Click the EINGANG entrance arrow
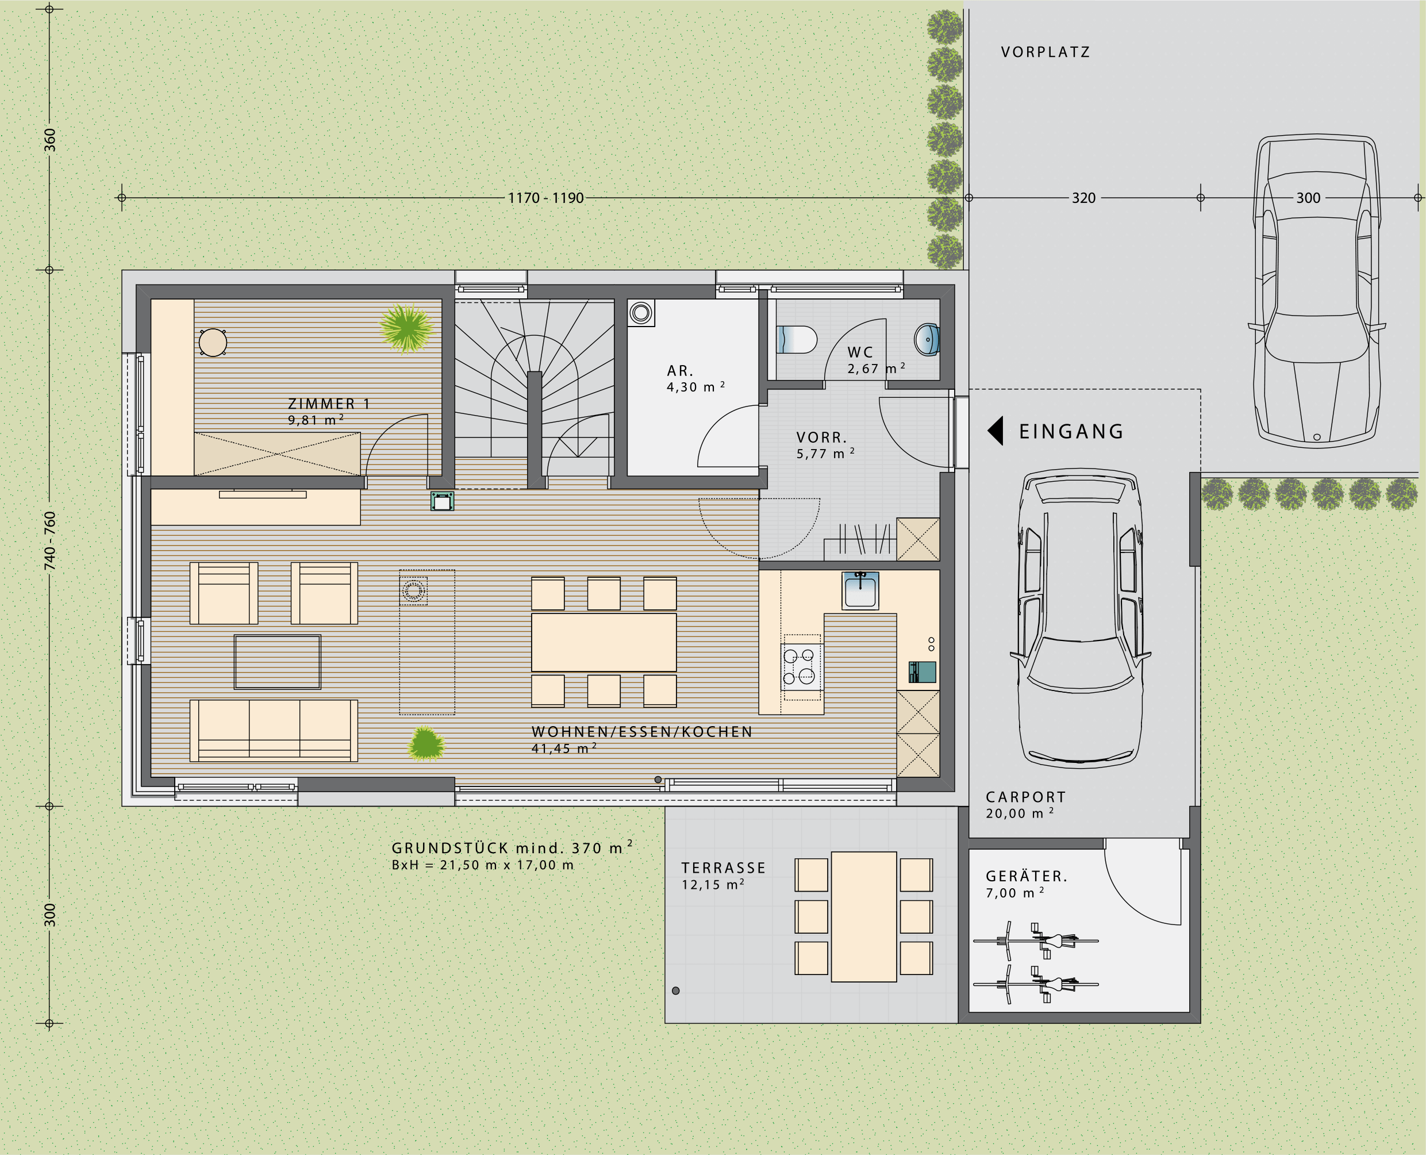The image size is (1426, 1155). pyautogui.click(x=995, y=431)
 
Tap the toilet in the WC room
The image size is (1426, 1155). pyautogui.click(x=797, y=339)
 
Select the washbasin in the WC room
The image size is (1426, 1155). pyautogui.click(x=927, y=339)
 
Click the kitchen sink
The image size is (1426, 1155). pyautogui.click(x=860, y=590)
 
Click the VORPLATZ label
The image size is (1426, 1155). pyautogui.click(x=1046, y=52)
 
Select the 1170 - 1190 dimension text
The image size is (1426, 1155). pyautogui.click(x=545, y=198)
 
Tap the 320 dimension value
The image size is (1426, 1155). pyautogui.click(x=1083, y=198)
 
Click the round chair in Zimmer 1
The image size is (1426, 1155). pyautogui.click(x=213, y=343)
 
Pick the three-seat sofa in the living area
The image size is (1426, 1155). pyautogui.click(x=274, y=730)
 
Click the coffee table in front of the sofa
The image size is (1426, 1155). pyautogui.click(x=278, y=662)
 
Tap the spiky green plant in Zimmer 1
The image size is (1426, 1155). pyautogui.click(x=406, y=327)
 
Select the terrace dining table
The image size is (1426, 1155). pyautogui.click(x=864, y=917)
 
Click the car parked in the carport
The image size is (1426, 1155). pyautogui.click(x=1081, y=619)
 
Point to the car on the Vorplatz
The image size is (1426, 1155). pyautogui.click(x=1316, y=291)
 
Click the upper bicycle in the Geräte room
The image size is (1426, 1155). pyautogui.click(x=1036, y=940)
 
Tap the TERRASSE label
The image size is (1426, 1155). pyautogui.click(x=724, y=868)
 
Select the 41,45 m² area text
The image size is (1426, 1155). pyautogui.click(x=564, y=749)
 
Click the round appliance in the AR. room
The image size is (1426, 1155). pyautogui.click(x=641, y=312)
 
